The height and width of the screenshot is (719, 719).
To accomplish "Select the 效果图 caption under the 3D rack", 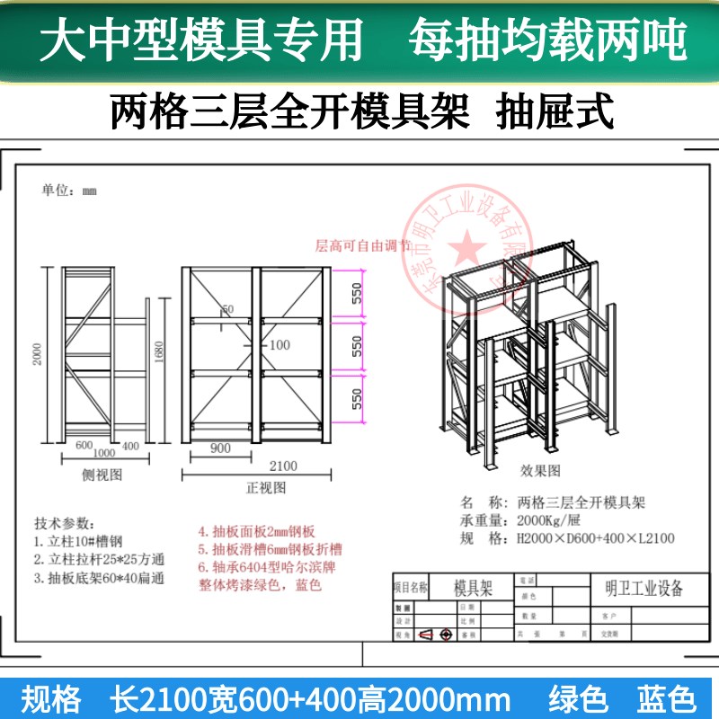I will pos(540,470).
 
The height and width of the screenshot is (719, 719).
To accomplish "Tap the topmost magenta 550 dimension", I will pos(357,293).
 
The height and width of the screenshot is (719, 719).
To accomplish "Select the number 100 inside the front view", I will pos(280,344).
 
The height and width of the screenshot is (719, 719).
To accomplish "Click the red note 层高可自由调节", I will pos(361,244).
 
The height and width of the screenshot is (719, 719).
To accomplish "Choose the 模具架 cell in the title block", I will pos(473,588).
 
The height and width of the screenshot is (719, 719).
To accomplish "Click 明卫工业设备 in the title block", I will pos(639,589).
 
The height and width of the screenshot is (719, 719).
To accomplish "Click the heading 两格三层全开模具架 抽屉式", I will pos(359,113).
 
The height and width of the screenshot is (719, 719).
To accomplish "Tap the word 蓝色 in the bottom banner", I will pos(666,698).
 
